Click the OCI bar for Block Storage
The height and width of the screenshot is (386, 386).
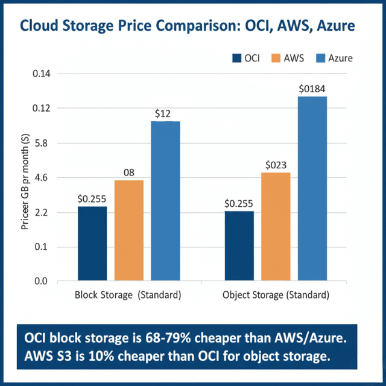pyautogui.click(x=92, y=244)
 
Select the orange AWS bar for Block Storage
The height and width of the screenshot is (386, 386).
pyautogui.click(x=129, y=230)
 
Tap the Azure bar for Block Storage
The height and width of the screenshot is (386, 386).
pyautogui.click(x=165, y=201)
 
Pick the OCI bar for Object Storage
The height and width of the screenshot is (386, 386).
pyautogui.click(x=239, y=246)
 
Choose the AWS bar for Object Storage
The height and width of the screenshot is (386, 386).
pyautogui.click(x=276, y=227)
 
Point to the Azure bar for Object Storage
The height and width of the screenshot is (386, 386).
pyautogui.click(x=312, y=188)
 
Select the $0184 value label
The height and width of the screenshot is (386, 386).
pyautogui.click(x=312, y=89)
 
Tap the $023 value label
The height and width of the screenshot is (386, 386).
pyautogui.click(x=276, y=165)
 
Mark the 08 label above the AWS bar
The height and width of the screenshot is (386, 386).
pyautogui.click(x=128, y=172)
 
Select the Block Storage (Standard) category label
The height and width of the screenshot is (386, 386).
pyautogui.click(x=128, y=296)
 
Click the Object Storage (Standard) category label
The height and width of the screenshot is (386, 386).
pyautogui.click(x=276, y=296)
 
